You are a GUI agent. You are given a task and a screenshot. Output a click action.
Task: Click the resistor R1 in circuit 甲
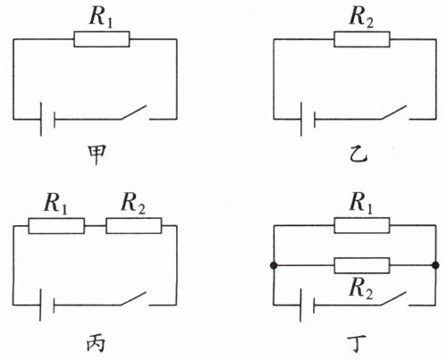tap(102, 39)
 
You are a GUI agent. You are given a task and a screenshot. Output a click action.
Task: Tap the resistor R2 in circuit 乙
tap(362, 39)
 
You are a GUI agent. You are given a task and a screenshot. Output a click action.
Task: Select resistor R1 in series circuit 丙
tap(56, 226)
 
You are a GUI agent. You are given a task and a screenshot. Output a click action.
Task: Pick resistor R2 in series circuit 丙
tap(134, 226)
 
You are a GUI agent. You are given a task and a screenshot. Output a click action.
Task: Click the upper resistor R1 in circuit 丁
tap(362, 225)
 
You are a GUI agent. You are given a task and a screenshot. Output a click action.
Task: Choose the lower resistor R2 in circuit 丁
tap(362, 265)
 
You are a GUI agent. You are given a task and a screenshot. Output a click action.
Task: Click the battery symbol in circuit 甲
tap(47, 119)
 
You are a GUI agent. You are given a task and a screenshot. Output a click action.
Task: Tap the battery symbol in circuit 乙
tap(308, 119)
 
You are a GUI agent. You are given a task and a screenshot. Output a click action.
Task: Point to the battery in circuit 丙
tap(47, 305)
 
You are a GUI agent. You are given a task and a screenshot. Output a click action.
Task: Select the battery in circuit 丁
tap(307, 305)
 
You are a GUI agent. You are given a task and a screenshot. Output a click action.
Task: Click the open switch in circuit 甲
tap(134, 113)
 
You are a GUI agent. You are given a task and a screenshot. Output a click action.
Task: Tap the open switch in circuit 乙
tap(394, 113)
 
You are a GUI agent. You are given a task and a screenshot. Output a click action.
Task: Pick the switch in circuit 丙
tap(133, 298)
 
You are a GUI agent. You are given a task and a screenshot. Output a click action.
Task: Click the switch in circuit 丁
tap(393, 298)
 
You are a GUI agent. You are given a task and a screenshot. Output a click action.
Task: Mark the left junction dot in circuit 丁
tap(274, 265)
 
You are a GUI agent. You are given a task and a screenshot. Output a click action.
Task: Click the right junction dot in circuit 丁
tap(435, 265)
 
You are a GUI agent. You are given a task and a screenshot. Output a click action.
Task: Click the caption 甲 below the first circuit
tap(97, 155)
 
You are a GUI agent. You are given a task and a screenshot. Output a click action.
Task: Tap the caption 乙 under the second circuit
tap(358, 155)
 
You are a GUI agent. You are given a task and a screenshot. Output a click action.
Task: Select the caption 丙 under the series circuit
tap(96, 344)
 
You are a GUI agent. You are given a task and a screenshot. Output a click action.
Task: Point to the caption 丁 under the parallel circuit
tap(357, 344)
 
